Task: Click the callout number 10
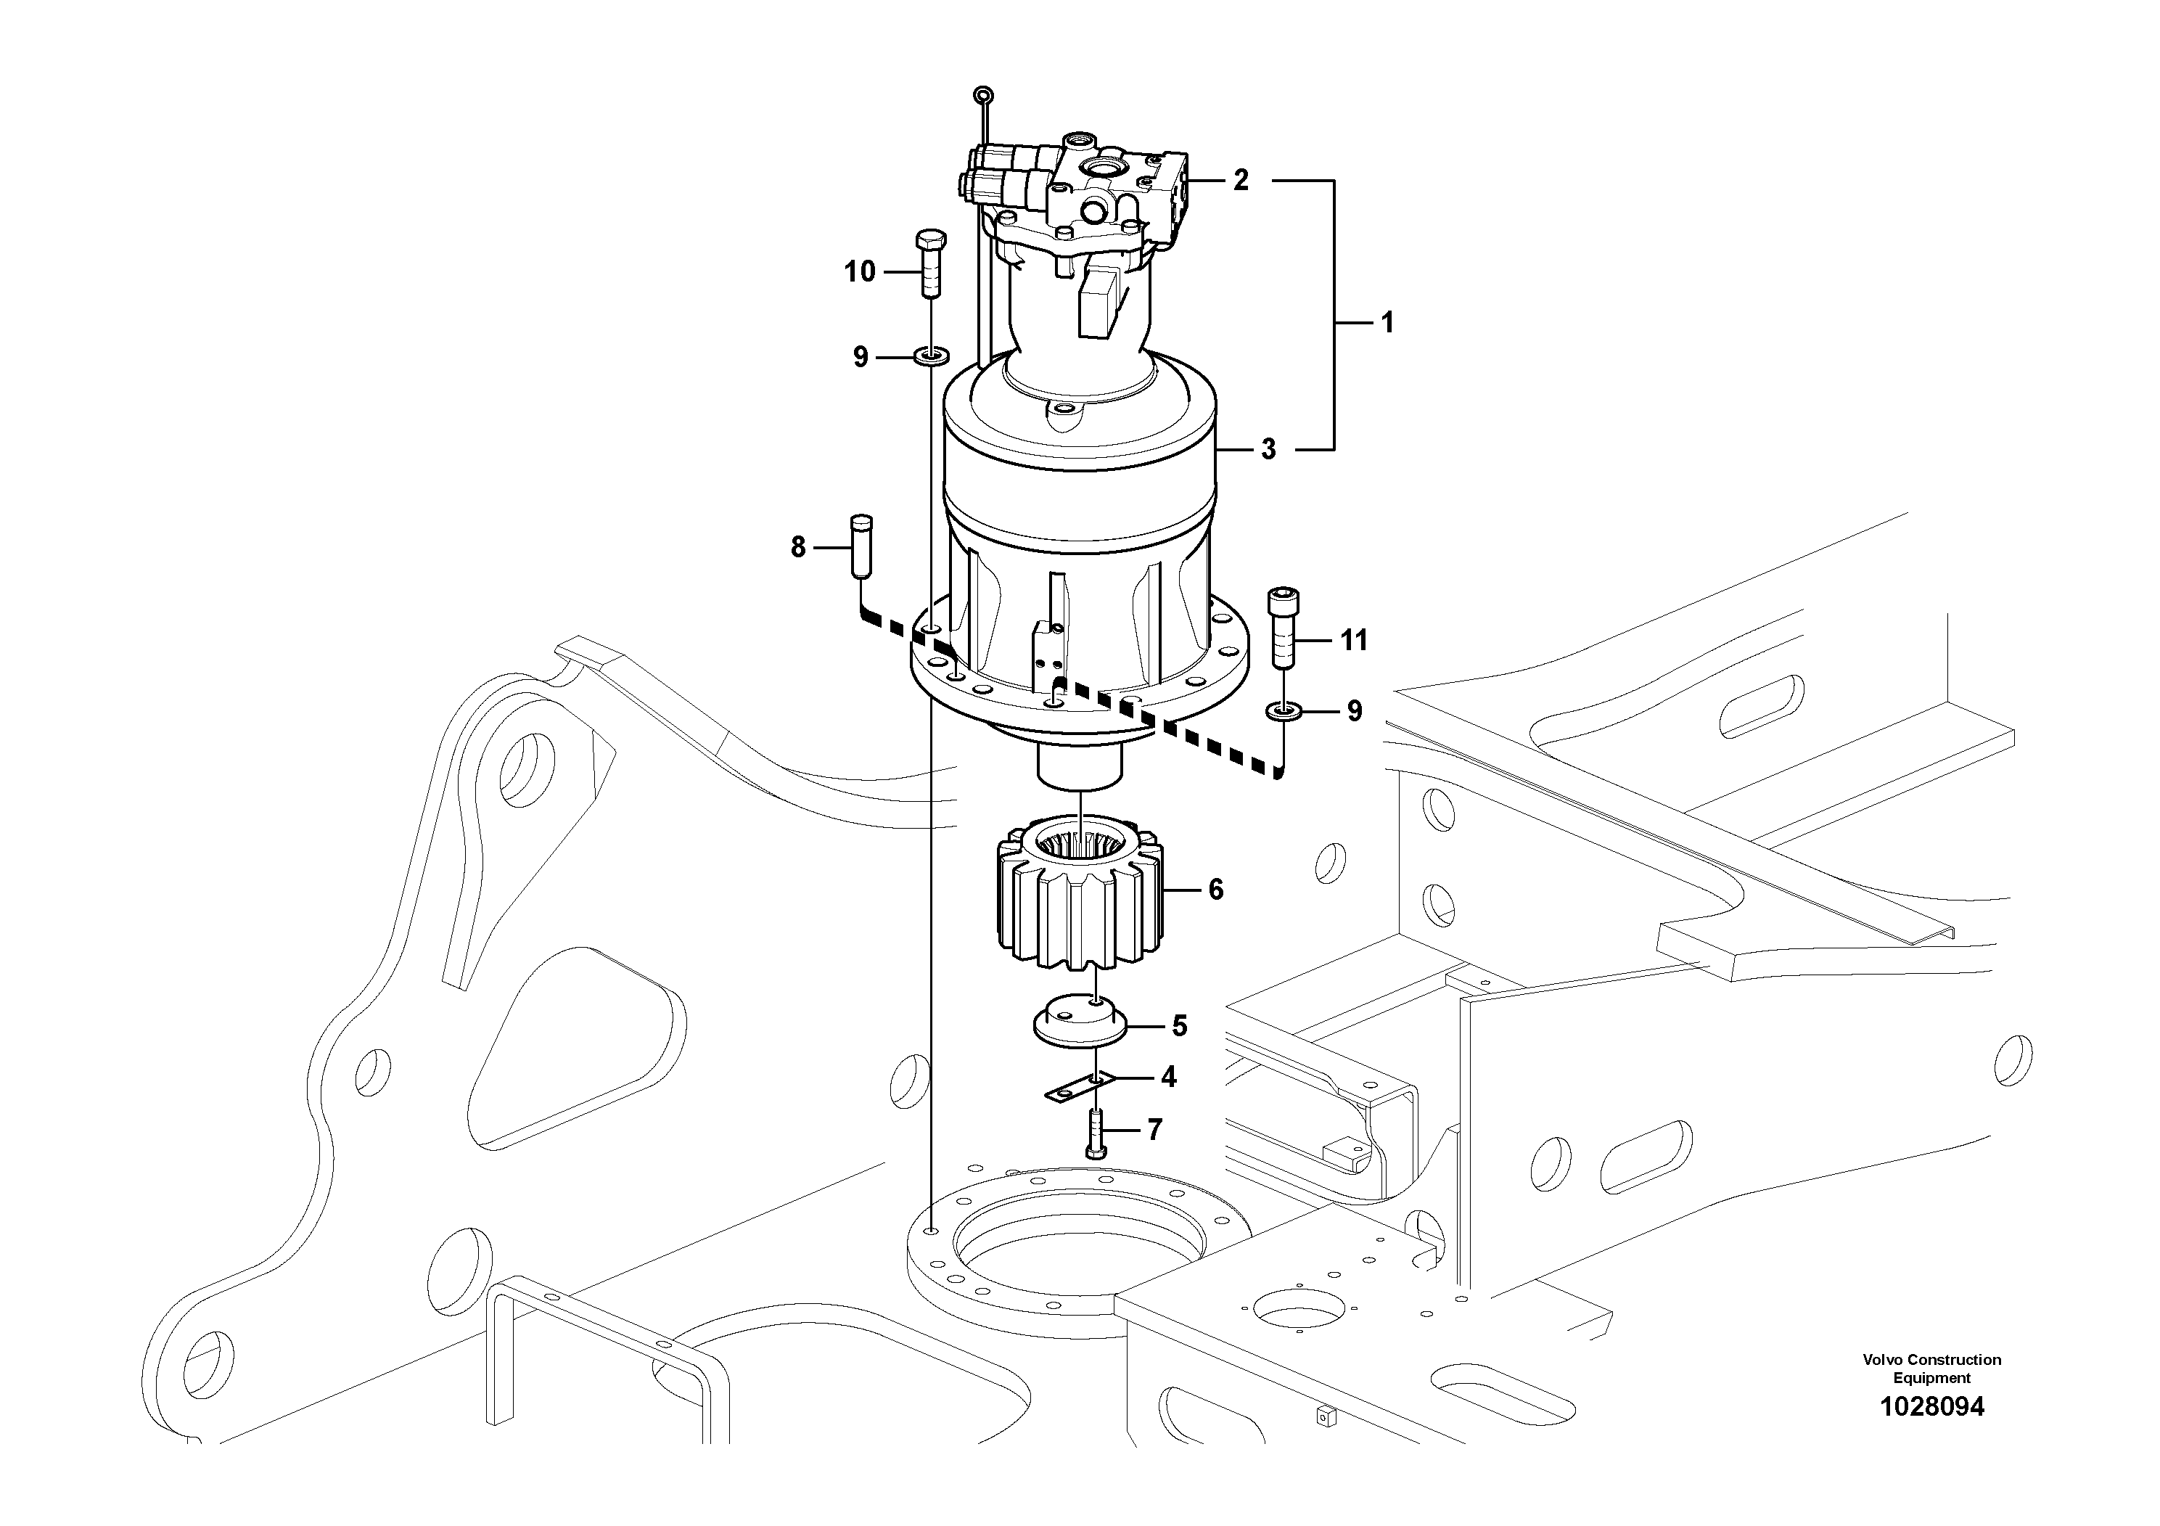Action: (x=860, y=272)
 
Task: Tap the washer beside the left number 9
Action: (x=932, y=356)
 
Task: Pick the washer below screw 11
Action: (x=1284, y=710)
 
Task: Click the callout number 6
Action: (x=1215, y=889)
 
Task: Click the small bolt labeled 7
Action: (x=1097, y=1133)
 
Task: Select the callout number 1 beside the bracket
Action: (x=1387, y=323)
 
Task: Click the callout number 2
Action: (x=1241, y=180)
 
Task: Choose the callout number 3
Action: (x=1268, y=450)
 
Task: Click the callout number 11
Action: (x=1353, y=641)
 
